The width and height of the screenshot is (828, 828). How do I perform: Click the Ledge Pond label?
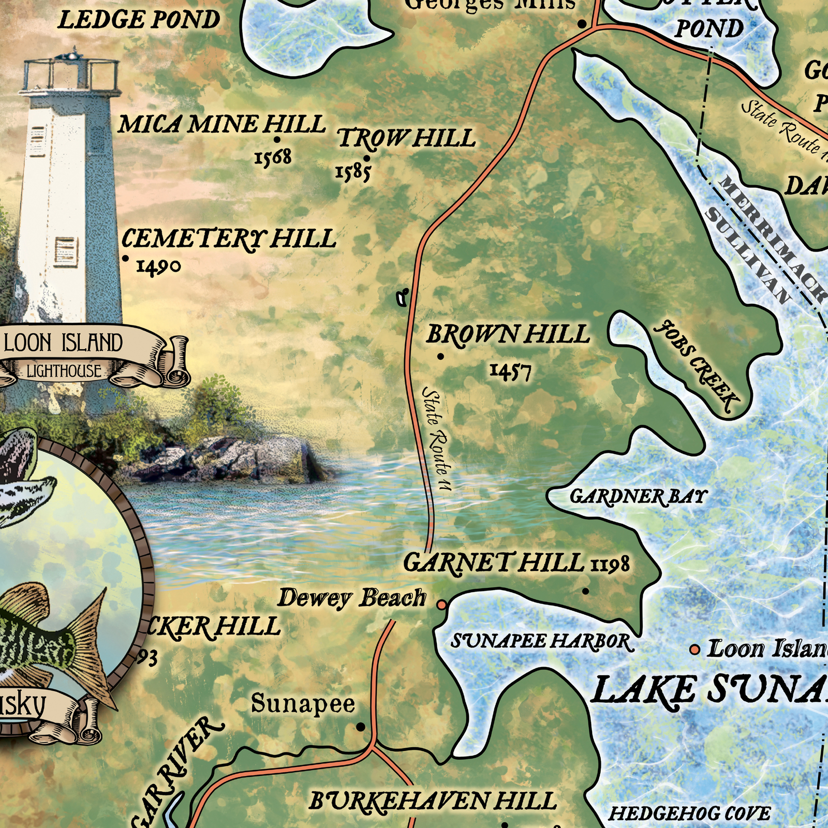[139, 21]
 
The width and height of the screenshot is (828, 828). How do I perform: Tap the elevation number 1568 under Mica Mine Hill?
[273, 157]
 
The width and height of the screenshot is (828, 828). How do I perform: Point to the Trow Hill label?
[407, 138]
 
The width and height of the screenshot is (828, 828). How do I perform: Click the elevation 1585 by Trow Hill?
[353, 173]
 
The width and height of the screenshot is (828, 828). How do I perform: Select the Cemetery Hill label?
[229, 239]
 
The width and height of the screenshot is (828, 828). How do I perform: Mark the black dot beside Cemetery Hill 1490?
[125, 258]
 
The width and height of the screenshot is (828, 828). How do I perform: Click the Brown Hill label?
[508, 335]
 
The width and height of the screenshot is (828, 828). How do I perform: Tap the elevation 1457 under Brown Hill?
[511, 371]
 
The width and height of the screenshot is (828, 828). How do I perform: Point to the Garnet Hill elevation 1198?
[611, 564]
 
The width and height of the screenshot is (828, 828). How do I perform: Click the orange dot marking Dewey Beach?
[442, 604]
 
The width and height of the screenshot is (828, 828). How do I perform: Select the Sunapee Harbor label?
[542, 642]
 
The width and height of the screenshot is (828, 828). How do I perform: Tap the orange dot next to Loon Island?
[695, 649]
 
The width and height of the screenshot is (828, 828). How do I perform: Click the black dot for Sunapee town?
[361, 727]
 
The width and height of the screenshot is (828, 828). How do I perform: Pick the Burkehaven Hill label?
[433, 802]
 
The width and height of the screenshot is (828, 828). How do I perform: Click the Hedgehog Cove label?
[689, 814]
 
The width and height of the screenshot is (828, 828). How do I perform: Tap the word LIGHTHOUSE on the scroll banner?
[64, 371]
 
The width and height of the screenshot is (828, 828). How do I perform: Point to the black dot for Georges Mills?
[582, 24]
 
